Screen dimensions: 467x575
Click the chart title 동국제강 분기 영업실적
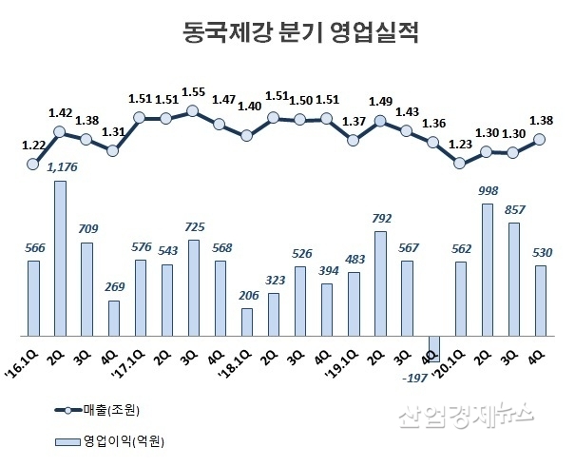(x=287, y=35)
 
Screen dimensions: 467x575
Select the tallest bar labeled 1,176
(x=60, y=258)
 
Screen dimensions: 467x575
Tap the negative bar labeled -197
(x=435, y=349)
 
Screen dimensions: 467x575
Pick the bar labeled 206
(x=247, y=321)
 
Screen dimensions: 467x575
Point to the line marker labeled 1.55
(x=193, y=111)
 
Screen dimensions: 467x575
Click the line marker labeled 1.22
(x=33, y=164)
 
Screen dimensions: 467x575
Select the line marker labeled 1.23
(x=461, y=163)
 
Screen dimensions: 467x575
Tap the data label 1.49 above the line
(x=380, y=102)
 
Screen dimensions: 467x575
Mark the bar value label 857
(x=514, y=208)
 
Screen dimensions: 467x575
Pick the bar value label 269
(x=113, y=286)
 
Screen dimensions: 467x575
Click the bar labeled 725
(x=193, y=287)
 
